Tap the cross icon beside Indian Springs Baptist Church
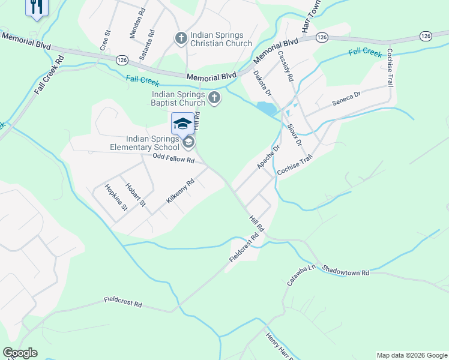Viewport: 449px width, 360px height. point(214,98)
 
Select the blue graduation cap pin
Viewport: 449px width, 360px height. point(182,124)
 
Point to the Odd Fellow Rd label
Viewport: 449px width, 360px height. point(173,160)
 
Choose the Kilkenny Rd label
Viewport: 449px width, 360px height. point(181,191)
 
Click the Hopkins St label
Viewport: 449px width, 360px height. point(116,197)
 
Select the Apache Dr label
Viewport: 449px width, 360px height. point(268,157)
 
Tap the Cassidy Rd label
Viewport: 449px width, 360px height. point(286,66)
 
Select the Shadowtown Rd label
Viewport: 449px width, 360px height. point(345,270)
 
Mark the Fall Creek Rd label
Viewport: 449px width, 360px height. point(49,74)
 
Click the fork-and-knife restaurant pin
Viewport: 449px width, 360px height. point(37,7)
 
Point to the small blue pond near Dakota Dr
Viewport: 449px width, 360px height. point(266,109)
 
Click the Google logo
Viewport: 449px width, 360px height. point(20,353)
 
